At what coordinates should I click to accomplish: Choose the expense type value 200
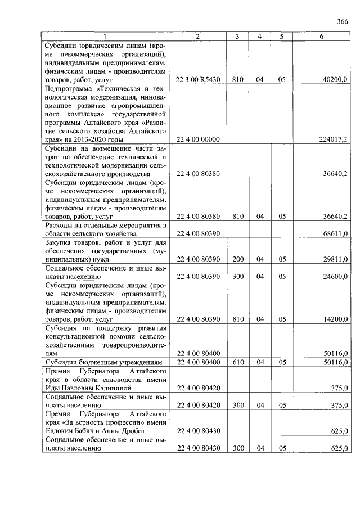pos(238,259)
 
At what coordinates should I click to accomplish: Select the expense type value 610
pos(238,362)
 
